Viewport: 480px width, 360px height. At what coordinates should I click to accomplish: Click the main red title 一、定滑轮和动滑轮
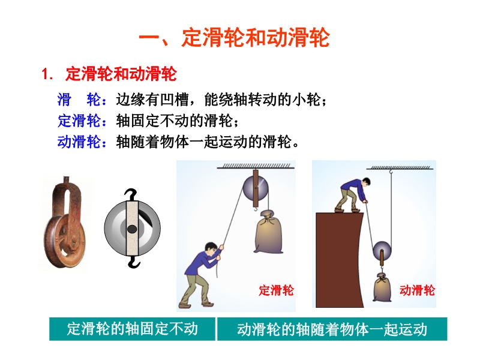(x=234, y=38)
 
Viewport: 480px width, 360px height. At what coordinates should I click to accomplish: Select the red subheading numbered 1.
(x=109, y=74)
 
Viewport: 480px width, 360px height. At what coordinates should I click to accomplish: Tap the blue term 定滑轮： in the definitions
(x=82, y=121)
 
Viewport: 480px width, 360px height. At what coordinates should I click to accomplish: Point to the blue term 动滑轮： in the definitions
(x=82, y=142)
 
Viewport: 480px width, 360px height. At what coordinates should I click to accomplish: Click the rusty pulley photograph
(x=65, y=223)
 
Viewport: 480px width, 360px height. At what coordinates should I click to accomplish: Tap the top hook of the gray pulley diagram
(x=131, y=194)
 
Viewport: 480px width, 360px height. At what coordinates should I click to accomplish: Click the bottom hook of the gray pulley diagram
(x=133, y=262)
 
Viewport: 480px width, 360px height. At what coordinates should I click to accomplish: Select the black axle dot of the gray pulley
(x=132, y=229)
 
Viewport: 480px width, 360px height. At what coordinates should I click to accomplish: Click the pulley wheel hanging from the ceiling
(x=256, y=188)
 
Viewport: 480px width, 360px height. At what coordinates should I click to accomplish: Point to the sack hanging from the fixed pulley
(x=268, y=232)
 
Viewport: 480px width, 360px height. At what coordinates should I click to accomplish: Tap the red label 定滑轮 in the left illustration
(x=276, y=290)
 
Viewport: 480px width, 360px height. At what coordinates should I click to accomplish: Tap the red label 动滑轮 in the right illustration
(x=417, y=290)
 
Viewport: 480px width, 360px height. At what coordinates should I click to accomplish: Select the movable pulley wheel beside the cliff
(x=382, y=251)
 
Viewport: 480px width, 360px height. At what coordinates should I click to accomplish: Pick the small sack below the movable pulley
(x=382, y=288)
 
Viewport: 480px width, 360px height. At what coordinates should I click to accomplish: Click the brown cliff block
(x=339, y=260)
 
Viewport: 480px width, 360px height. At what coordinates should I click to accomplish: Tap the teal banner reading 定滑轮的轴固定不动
(x=132, y=329)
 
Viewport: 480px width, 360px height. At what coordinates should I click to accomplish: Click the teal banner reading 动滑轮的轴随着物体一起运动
(x=332, y=329)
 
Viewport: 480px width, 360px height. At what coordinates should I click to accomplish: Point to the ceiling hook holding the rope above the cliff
(x=391, y=172)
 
